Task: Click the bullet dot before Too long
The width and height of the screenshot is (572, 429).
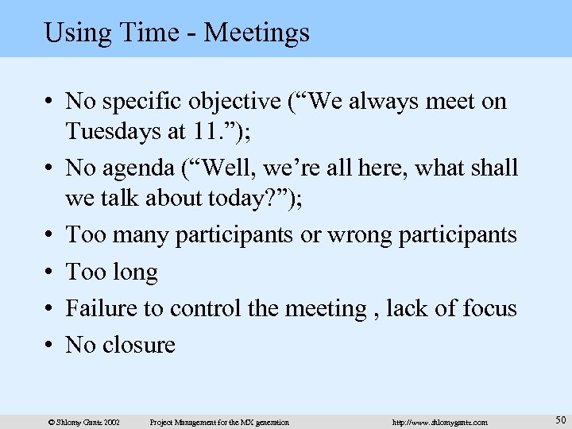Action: (49, 272)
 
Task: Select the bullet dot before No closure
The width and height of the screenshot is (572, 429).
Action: (49, 345)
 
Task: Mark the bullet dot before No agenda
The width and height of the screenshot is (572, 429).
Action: (49, 168)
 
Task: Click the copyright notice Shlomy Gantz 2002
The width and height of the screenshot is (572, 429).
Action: (84, 422)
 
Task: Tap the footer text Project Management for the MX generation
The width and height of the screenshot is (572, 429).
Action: (219, 422)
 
